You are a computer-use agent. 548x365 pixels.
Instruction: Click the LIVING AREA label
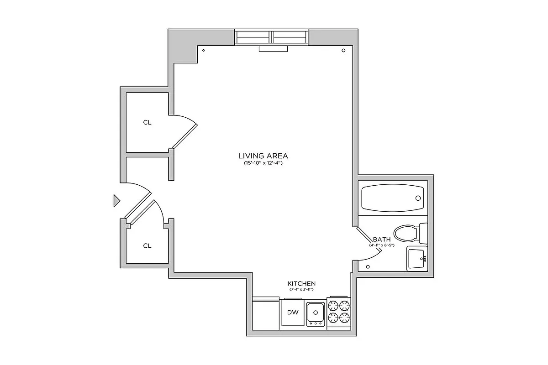[x=263, y=156]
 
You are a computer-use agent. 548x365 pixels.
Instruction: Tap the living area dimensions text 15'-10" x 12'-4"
[x=263, y=163]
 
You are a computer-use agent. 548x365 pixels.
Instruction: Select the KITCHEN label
[x=301, y=283]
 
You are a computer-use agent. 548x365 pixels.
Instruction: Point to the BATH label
[x=382, y=240]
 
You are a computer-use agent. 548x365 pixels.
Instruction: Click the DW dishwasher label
[x=293, y=313]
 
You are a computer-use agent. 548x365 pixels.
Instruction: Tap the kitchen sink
[x=315, y=313]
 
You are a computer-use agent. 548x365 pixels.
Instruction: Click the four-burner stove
[x=339, y=312]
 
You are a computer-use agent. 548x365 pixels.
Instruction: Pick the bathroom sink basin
[x=416, y=259]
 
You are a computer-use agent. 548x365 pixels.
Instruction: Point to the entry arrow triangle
[x=116, y=200]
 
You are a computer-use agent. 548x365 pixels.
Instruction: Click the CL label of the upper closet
[x=147, y=122]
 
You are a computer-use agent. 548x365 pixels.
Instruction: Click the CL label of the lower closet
[x=147, y=245]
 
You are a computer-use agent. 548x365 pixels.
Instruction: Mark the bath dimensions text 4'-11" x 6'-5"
[x=382, y=245]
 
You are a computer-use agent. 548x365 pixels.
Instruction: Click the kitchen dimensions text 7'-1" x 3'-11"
[x=301, y=289]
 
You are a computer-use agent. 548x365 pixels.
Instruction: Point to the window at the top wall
[x=272, y=37]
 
